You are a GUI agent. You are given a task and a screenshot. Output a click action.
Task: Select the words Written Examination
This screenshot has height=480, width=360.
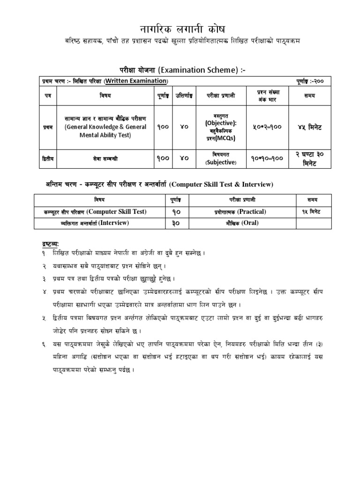[x=136, y=82]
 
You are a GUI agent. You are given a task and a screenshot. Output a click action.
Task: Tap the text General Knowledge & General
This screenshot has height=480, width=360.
[x=105, y=127]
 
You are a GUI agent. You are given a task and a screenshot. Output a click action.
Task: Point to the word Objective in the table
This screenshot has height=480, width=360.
[x=220, y=122]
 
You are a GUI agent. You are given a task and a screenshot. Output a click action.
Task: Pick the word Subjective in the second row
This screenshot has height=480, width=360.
[x=220, y=162]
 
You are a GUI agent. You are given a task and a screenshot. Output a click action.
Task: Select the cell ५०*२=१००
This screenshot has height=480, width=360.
[x=268, y=127]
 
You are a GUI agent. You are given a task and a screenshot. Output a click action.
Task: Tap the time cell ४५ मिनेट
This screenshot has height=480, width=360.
[x=310, y=127]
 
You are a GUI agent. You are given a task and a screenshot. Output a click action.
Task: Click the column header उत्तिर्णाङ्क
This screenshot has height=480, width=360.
[x=183, y=96]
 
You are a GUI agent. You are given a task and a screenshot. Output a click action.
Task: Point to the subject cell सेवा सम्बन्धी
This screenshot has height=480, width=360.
[x=105, y=158]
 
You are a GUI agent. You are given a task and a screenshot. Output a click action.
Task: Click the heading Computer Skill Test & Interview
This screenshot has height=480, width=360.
[x=221, y=185]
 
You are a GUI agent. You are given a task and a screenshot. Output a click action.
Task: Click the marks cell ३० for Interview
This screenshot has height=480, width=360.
[x=176, y=224]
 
